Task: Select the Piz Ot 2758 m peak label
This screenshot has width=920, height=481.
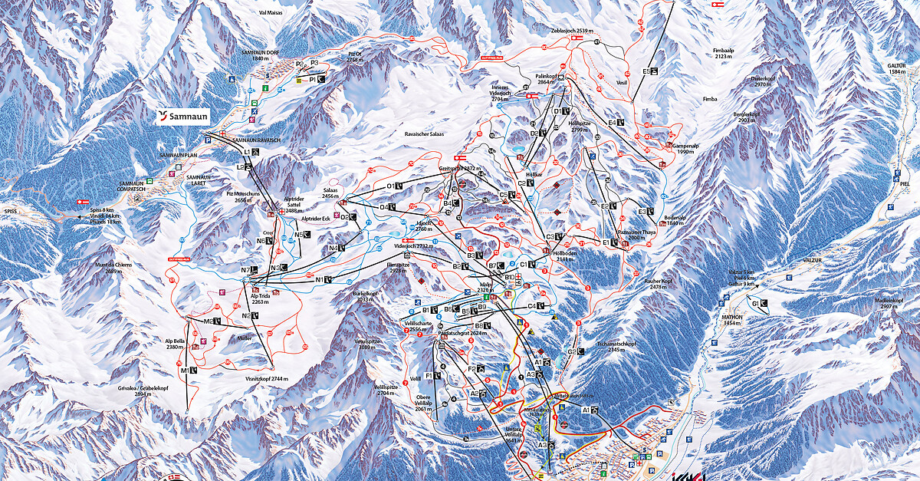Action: [x=353, y=57]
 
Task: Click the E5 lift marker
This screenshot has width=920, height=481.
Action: [x=651, y=71]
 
